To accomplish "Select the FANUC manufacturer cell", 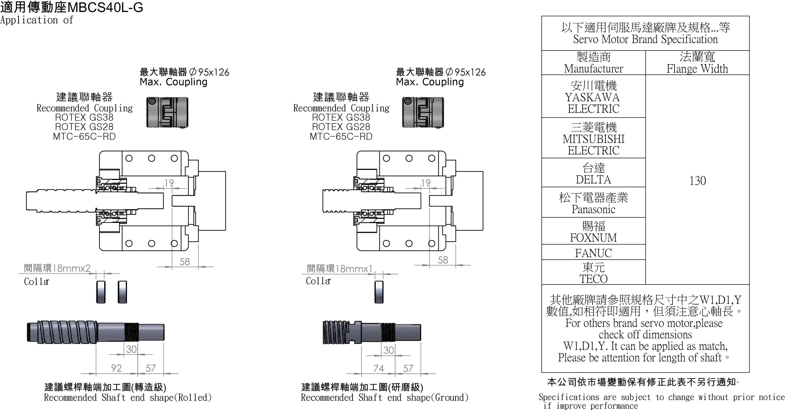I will (x=593, y=253).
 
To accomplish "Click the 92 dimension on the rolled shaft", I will (x=116, y=368).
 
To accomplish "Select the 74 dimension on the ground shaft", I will (x=378, y=368).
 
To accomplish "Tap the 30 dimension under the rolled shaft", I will (x=131, y=349).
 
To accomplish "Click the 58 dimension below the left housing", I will (x=184, y=262).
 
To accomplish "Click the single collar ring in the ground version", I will (x=379, y=292).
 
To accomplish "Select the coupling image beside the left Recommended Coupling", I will (x=167, y=112).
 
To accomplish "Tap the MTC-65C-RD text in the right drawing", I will (x=341, y=136).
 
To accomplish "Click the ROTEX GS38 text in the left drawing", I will (x=84, y=117).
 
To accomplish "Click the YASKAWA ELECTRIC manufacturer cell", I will (x=593, y=97).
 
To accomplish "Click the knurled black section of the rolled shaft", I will (x=132, y=332).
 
